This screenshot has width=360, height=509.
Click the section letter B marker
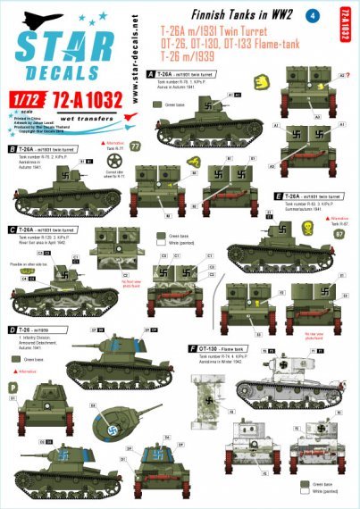coord(12,149)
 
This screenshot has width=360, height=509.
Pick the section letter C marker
coord(12,229)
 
